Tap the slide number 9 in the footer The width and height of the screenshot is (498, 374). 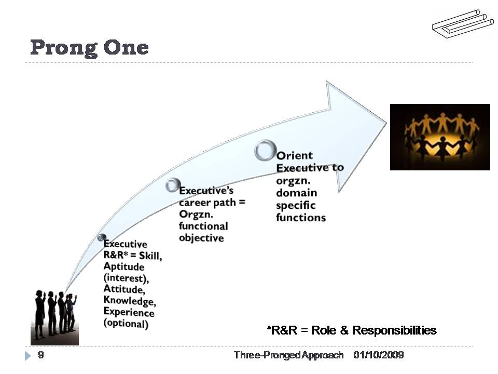[41, 355]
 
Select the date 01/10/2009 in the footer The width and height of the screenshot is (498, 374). [379, 355]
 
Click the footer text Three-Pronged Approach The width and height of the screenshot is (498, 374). [288, 355]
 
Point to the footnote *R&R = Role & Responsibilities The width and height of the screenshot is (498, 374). [352, 330]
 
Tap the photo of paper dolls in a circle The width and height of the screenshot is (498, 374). [440, 137]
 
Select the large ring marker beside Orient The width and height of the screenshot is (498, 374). [265, 150]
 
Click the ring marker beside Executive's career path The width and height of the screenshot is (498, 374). [173, 185]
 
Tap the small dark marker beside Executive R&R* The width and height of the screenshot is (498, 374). [102, 238]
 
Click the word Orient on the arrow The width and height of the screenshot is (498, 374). [295, 156]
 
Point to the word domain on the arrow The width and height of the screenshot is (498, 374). [296, 193]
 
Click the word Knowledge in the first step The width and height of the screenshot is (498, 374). [129, 301]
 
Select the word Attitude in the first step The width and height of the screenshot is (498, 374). [124, 289]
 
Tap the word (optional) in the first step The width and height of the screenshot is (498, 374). [126, 324]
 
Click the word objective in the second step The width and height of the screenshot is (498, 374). [201, 238]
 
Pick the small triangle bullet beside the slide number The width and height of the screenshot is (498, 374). [28, 356]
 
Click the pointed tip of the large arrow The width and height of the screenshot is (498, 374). [386, 123]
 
